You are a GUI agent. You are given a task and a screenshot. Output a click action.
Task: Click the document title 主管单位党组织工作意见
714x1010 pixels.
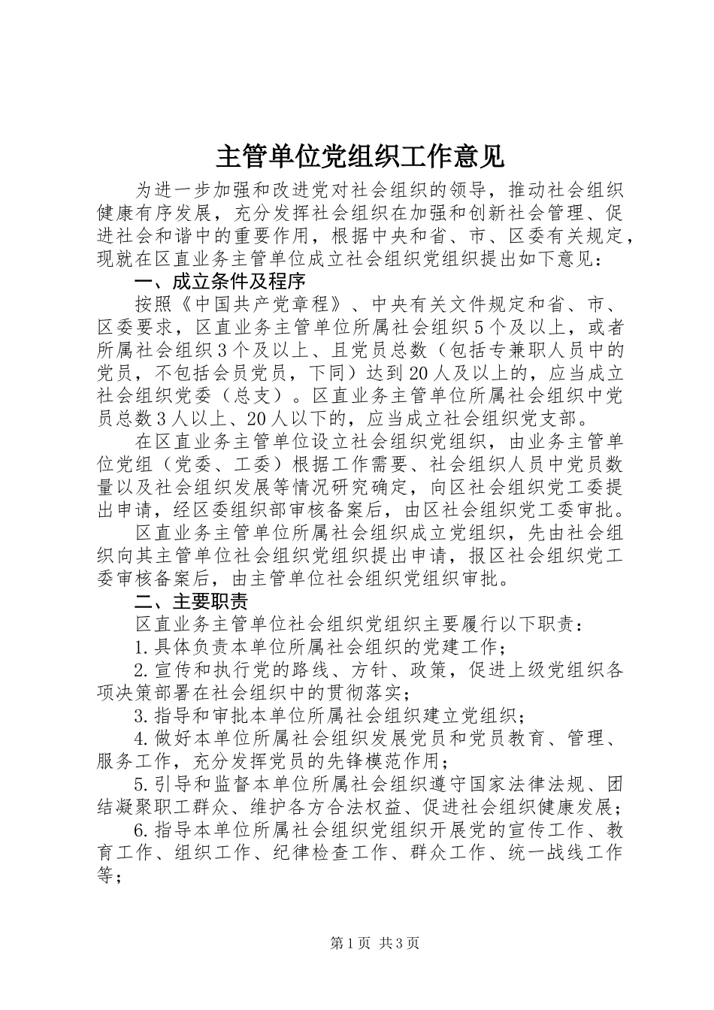(360, 156)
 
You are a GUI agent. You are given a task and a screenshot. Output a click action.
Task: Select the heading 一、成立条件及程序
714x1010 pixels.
(219, 283)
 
